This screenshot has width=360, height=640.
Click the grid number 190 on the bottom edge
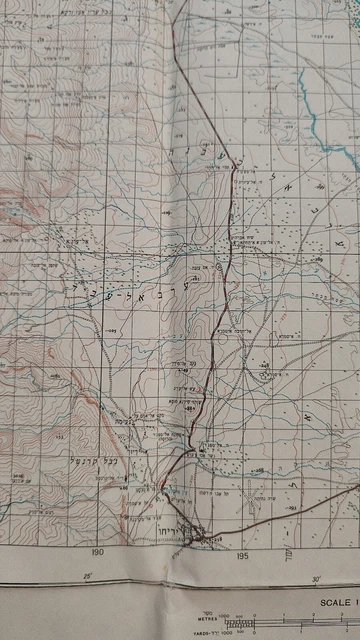(96, 552)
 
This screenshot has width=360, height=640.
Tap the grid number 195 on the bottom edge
(241, 553)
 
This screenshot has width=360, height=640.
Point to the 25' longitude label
(87, 577)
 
